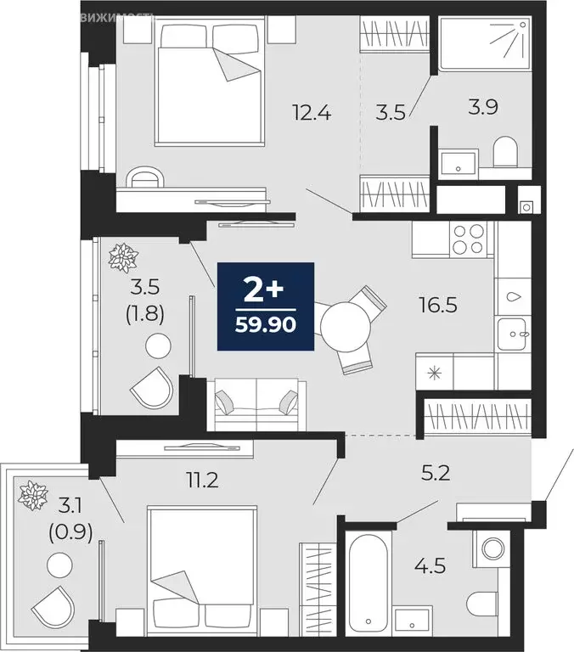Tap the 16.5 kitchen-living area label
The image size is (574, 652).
(438, 304)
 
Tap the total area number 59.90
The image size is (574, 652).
(267, 325)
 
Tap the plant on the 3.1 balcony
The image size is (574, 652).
(35, 495)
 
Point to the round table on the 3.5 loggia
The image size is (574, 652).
(157, 346)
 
